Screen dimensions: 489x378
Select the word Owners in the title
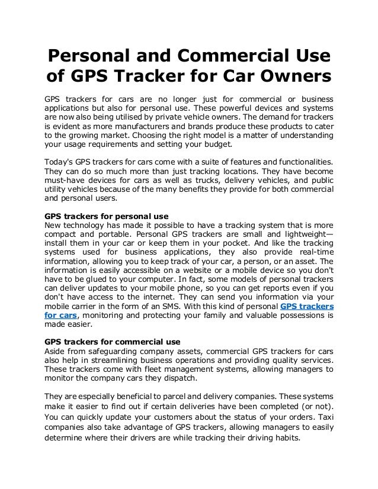pos(286,77)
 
